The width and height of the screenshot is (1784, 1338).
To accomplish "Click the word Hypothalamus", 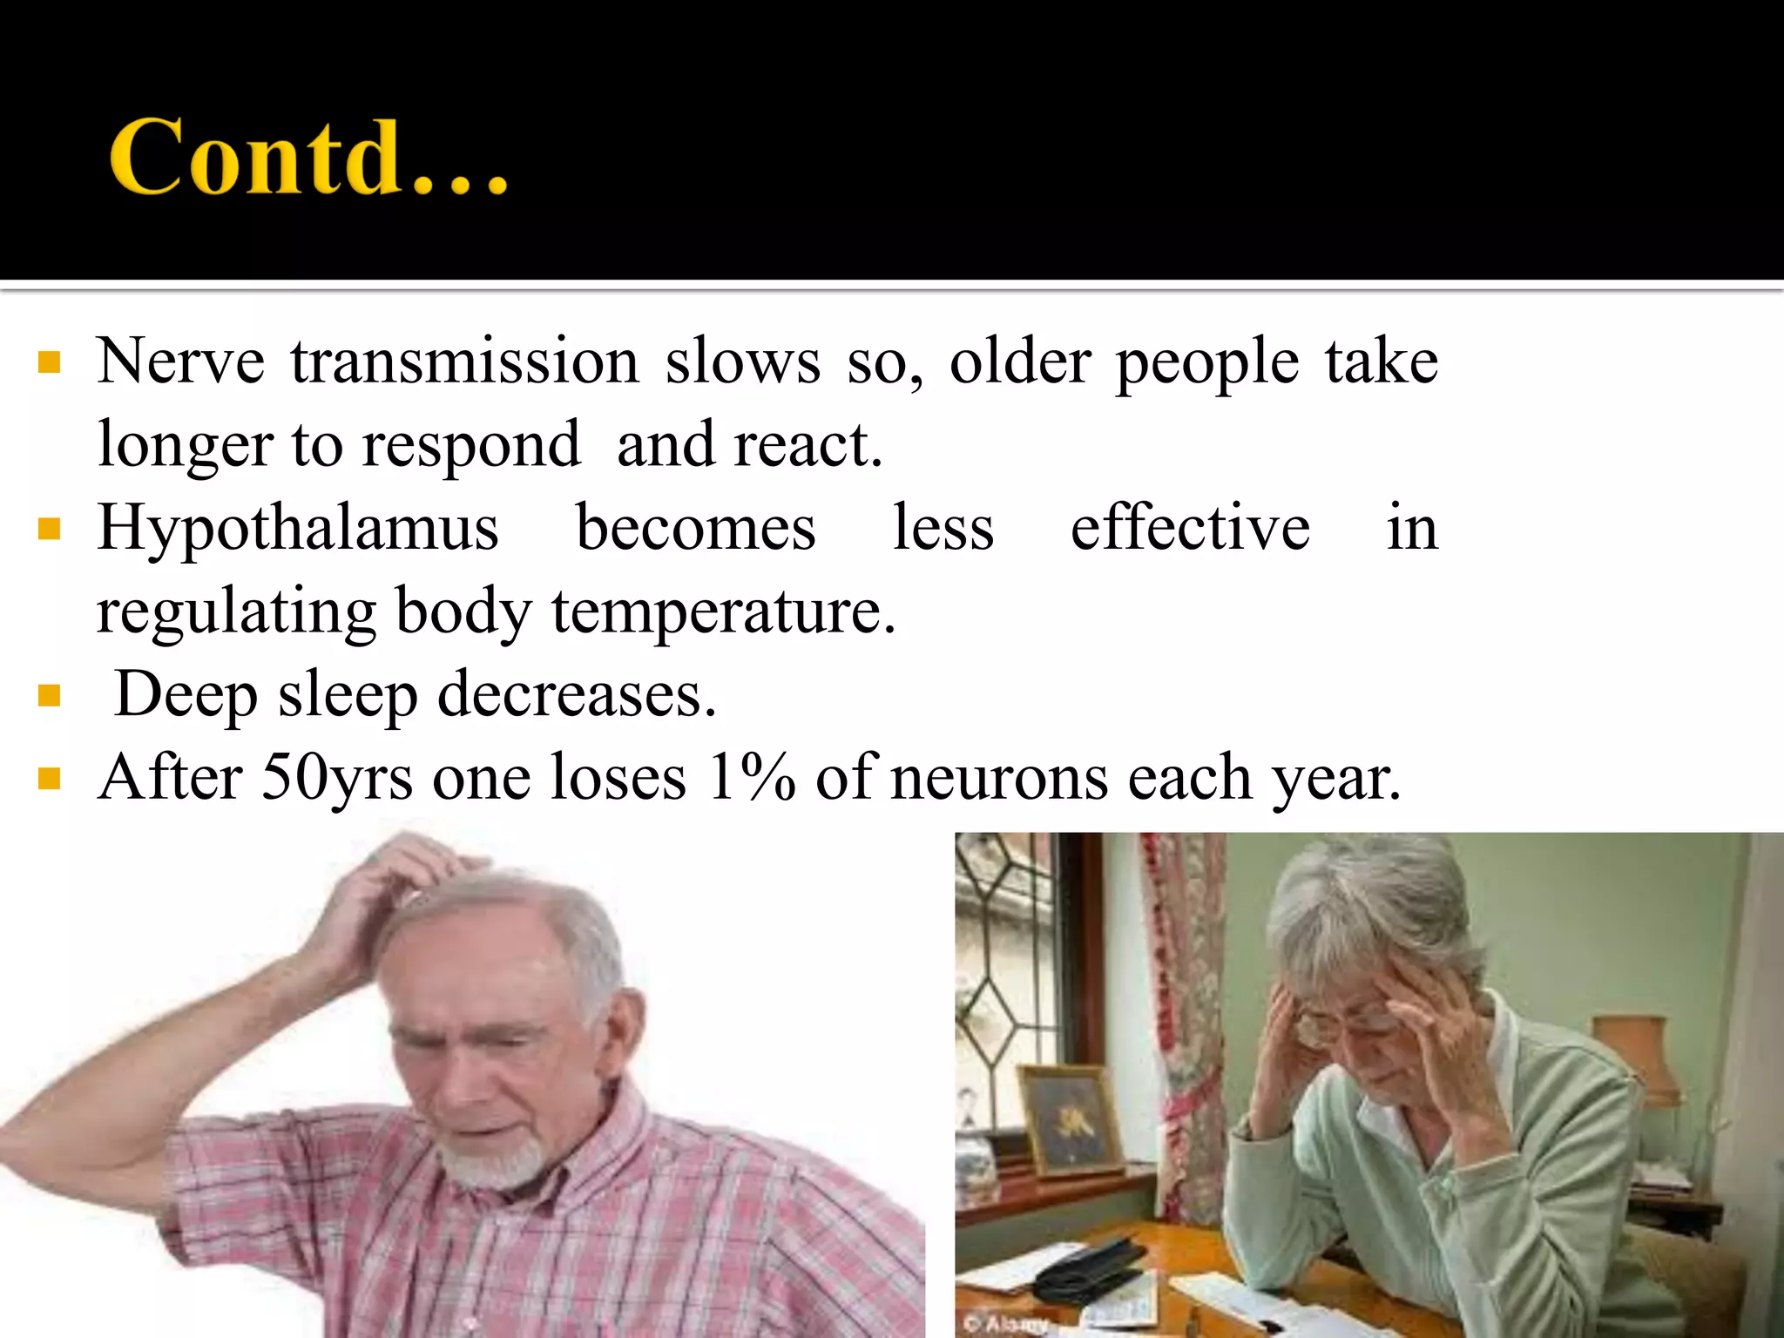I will click(298, 528).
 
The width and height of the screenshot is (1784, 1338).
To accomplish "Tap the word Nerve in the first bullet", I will click(180, 362).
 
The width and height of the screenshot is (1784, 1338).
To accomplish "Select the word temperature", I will click(723, 612).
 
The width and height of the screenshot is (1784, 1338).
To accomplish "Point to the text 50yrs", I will click(336, 777).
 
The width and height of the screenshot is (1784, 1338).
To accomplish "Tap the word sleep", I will click(348, 695).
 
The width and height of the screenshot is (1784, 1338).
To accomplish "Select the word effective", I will click(1190, 528).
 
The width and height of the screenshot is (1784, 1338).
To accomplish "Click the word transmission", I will click(465, 362).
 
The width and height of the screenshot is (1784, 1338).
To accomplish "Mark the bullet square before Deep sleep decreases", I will click(50, 696).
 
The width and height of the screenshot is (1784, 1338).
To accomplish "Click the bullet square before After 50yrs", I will click(50, 778).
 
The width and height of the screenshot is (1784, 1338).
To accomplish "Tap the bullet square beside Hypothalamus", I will click(50, 529).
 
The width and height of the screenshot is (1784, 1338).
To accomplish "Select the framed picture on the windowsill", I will click(1070, 1119).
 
